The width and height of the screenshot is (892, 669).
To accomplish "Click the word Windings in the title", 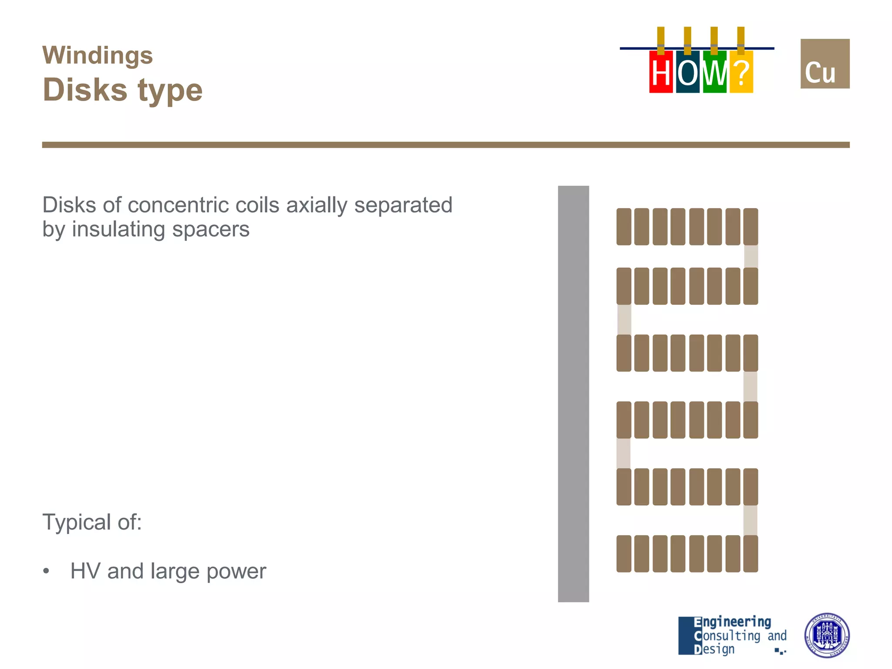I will [x=98, y=56].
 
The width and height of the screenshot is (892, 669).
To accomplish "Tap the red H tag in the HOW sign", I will [x=661, y=72].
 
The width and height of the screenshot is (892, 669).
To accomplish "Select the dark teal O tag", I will [x=688, y=72].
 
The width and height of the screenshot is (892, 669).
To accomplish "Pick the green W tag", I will [x=715, y=72].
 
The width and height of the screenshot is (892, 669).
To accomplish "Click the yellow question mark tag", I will [x=741, y=72].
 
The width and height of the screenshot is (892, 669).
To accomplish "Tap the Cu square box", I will [x=824, y=64].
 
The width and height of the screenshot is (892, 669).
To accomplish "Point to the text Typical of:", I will [x=92, y=522].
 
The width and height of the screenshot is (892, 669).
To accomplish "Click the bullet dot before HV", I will [x=46, y=571].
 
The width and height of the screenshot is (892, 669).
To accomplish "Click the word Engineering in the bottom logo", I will [x=732, y=622].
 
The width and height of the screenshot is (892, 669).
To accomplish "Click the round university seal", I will [x=826, y=635].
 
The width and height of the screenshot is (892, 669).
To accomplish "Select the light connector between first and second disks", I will [x=751, y=257].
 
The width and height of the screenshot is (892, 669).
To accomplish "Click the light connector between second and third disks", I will [x=624, y=319].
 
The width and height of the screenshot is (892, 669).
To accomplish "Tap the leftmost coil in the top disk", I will [x=624, y=226].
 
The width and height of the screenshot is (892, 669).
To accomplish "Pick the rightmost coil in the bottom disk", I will [x=750, y=554].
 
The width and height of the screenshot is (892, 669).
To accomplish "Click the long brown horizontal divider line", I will [x=446, y=145].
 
